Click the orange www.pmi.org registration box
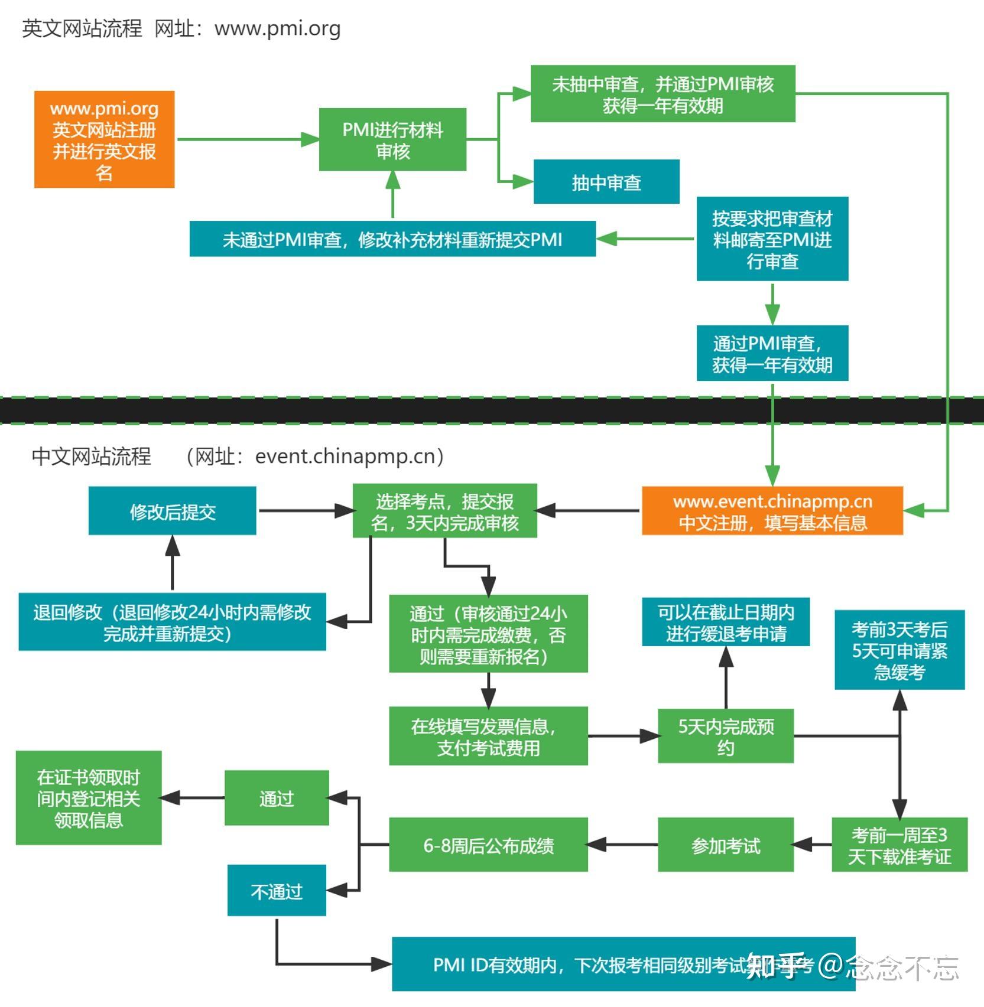[104, 139]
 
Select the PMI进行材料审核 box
[392, 139]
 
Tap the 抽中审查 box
[606, 182]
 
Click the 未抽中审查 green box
[663, 94]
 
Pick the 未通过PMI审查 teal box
[392, 239]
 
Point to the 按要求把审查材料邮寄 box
[772, 239]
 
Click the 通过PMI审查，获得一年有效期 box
[772, 353]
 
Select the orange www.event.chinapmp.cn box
[772, 511]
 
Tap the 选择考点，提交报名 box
[444, 511]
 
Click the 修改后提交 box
[172, 511]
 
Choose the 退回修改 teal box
[172, 622]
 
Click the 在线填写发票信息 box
[488, 736]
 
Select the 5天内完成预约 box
[725, 736]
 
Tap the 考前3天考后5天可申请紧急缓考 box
[899, 650]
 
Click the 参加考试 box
[725, 845]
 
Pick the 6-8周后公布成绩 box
[488, 845]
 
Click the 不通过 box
[277, 890]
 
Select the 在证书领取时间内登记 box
[89, 798]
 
